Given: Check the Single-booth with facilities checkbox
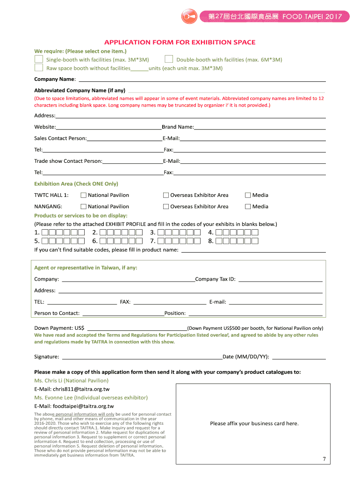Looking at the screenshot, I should [x=38, y=59].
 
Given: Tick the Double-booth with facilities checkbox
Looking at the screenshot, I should [x=169, y=59].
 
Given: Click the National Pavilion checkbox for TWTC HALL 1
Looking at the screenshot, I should [x=83, y=195].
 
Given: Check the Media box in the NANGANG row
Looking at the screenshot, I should [x=248, y=206].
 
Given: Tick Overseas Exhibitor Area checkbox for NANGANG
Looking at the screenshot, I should [x=166, y=206].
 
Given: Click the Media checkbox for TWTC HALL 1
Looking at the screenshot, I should [x=248, y=195].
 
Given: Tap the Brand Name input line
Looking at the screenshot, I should [x=260, y=128].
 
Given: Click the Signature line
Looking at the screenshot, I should [x=140, y=357].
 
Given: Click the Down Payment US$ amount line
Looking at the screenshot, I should [x=137, y=329].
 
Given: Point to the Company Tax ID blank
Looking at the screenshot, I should [x=281, y=280].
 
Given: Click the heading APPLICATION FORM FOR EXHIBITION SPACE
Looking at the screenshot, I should [x=180, y=43].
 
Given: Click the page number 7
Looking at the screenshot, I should [x=324, y=459].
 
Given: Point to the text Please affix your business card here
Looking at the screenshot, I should [x=254, y=424].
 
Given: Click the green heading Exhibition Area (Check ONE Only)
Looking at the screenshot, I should [x=76, y=184].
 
